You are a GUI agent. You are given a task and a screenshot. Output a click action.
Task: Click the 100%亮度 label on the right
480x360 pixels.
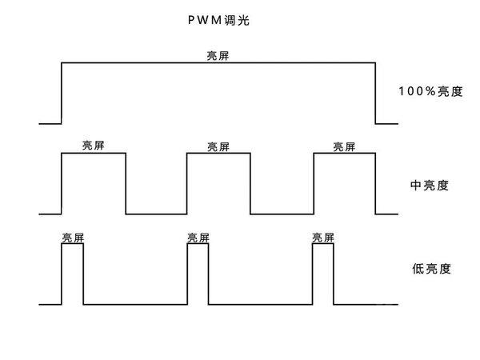point(430,91)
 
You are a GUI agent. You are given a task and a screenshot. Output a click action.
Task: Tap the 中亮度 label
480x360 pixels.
point(429,185)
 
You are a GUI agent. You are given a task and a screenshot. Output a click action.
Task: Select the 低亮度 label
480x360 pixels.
point(430,269)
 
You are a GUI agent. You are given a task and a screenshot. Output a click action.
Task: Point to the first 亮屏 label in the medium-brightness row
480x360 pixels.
point(94,146)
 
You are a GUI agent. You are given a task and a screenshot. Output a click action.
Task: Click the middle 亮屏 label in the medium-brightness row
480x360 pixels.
point(218,146)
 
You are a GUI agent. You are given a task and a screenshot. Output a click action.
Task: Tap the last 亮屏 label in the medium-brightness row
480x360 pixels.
point(344,146)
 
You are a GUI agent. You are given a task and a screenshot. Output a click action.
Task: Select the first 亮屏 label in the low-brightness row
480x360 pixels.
point(73,238)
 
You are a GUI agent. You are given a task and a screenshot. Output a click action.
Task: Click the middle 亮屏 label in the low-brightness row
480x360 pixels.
point(198,238)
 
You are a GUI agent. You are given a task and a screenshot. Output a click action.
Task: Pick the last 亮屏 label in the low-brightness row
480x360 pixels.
point(323,238)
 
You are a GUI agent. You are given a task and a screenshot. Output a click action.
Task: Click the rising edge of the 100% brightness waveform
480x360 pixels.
point(62,93)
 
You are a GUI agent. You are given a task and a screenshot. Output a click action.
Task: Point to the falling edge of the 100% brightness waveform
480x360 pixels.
point(376,93)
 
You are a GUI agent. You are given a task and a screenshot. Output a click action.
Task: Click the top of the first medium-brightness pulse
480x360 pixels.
point(94,154)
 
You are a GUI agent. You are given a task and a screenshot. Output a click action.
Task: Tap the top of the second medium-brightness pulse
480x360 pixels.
point(218,154)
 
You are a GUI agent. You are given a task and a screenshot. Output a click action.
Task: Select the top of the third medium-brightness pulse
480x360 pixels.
point(345,154)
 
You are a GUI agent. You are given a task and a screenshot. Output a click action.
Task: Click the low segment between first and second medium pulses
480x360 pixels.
point(156,214)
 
